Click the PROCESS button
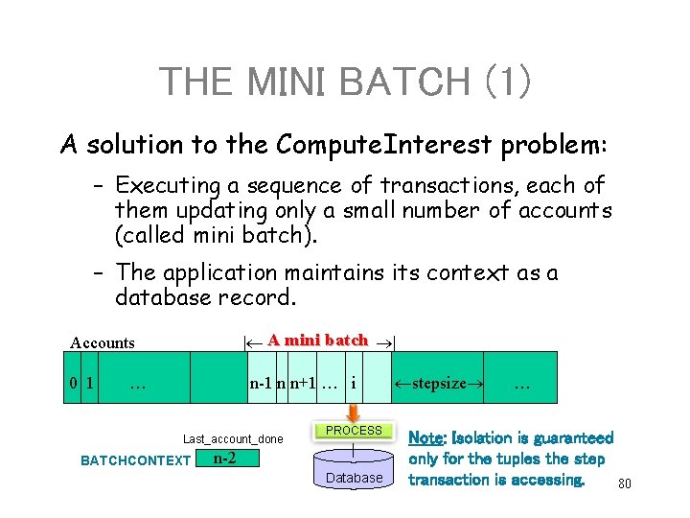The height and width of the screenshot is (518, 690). click(354, 431)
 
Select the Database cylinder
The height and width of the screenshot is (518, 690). click(354, 476)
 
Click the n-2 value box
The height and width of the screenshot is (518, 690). click(224, 459)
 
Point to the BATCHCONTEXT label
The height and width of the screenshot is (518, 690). click(135, 460)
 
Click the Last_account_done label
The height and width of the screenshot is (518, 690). click(233, 438)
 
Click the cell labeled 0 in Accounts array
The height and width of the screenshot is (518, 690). click(74, 384)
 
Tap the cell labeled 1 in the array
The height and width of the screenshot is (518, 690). click(90, 384)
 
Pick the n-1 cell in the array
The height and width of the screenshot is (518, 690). click(260, 384)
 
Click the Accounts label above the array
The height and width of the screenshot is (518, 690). click(103, 342)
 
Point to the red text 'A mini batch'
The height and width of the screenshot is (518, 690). click(317, 340)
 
